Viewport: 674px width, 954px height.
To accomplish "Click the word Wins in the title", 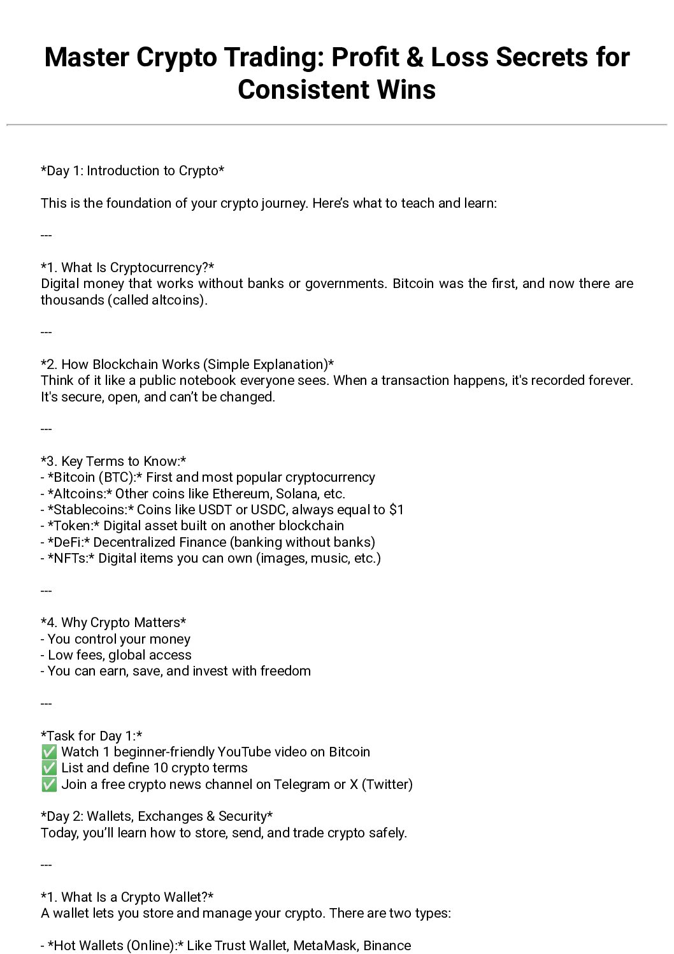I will coord(406,90).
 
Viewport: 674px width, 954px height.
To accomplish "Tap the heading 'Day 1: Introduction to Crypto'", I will coord(133,171).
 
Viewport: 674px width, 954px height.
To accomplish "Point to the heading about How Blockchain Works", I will coord(187,365).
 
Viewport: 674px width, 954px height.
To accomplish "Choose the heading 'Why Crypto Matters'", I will coord(113,623).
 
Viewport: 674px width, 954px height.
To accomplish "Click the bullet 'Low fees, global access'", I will coord(119,655).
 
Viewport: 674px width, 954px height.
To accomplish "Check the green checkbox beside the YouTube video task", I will coord(49,752).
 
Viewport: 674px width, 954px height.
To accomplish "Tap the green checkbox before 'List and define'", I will coord(49,768).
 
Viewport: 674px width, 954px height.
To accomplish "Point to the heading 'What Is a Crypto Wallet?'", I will coord(127,897).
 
